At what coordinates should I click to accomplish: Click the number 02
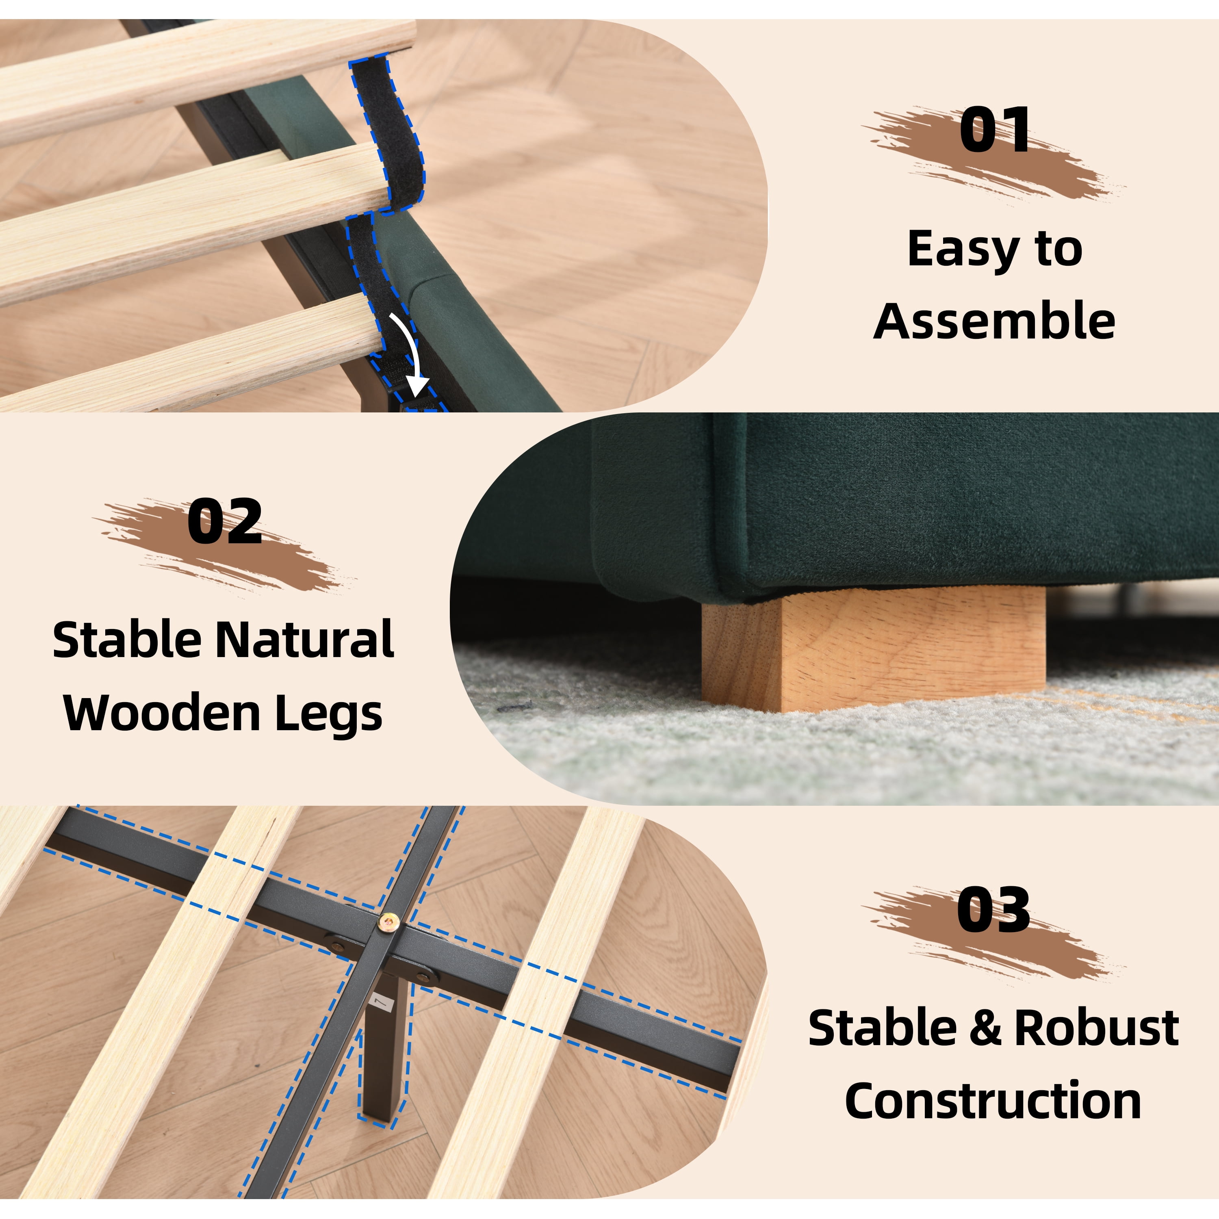click(225, 521)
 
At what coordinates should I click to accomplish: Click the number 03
click(994, 911)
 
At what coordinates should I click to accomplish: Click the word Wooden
click(162, 713)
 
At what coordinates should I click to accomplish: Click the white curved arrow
click(408, 354)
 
